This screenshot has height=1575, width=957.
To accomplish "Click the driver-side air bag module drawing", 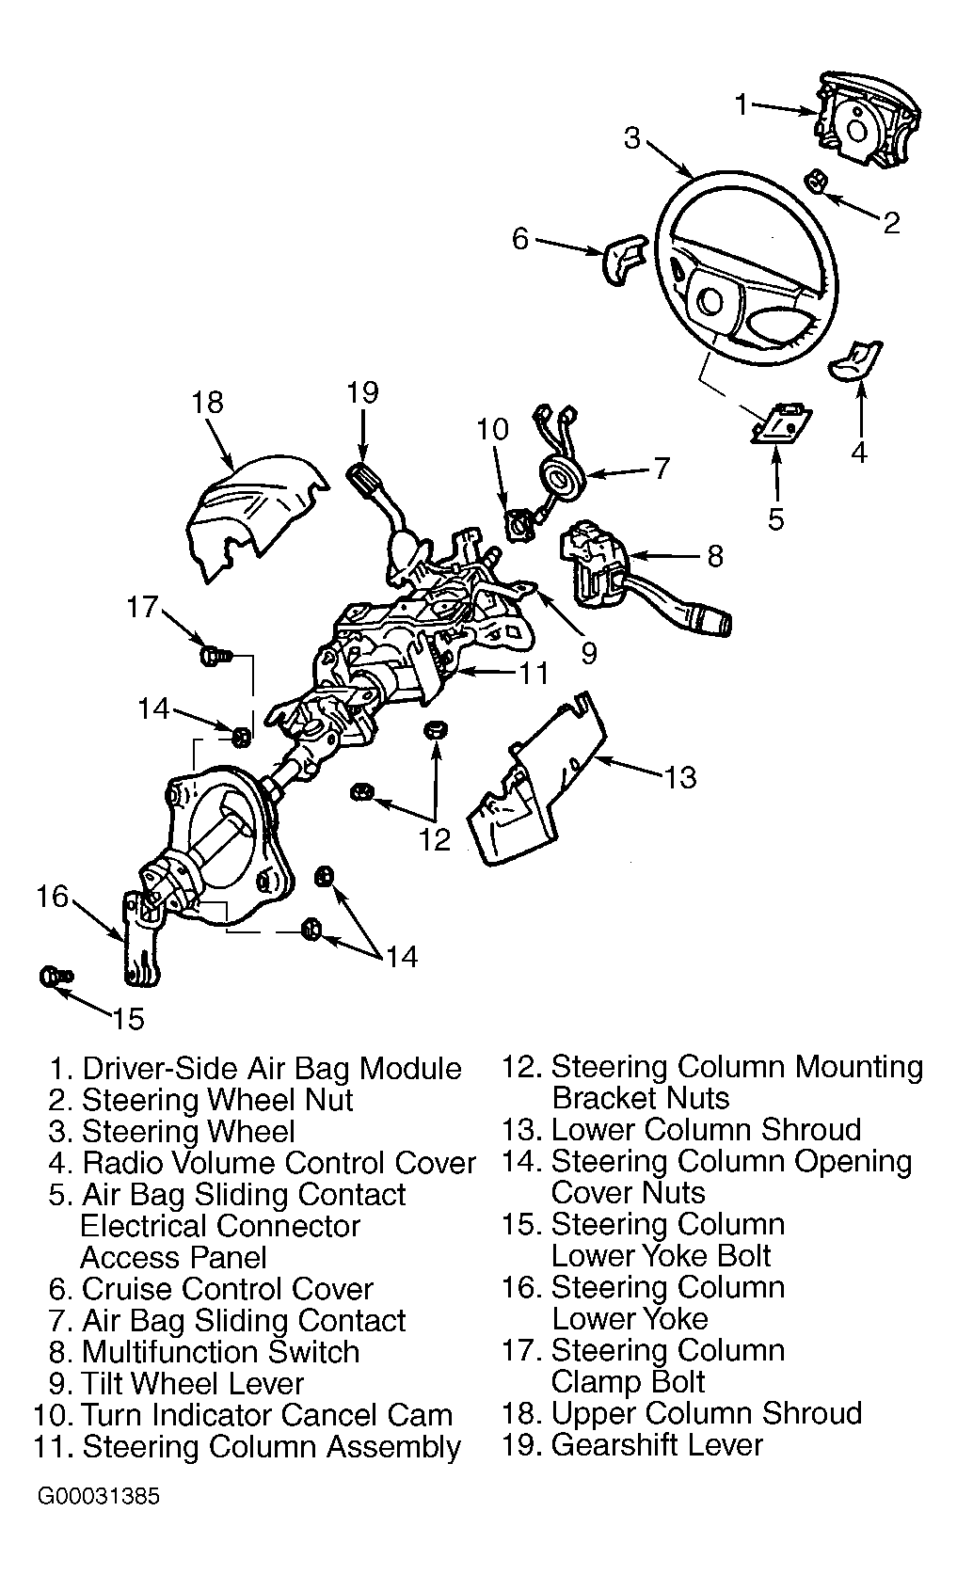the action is [x=867, y=120].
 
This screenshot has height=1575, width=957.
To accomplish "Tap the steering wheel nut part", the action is [x=817, y=180].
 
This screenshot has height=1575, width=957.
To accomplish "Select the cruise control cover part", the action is [x=624, y=258].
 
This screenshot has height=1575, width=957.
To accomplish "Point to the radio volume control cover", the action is [x=855, y=360].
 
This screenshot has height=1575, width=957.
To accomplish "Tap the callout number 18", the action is [x=207, y=402].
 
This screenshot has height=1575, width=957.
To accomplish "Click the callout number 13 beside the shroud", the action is [x=680, y=778].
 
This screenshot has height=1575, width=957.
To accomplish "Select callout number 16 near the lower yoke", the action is [x=53, y=897].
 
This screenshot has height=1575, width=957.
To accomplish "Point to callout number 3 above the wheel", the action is [x=633, y=138].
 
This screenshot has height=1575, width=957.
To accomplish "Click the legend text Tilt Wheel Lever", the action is [x=193, y=1384].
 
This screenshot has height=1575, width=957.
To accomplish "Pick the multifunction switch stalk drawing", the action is [x=686, y=610].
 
